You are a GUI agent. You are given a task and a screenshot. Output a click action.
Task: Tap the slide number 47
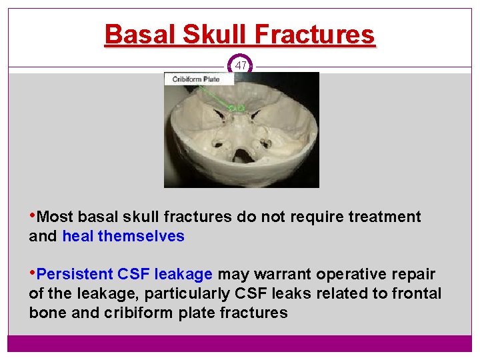(x=241, y=65)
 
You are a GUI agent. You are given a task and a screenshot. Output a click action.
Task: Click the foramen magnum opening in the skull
(x=241, y=155)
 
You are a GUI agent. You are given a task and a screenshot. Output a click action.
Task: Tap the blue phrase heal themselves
(x=123, y=236)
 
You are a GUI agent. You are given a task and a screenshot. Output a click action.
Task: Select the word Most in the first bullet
(x=56, y=217)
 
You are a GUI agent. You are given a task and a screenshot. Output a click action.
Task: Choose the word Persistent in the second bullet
(x=75, y=274)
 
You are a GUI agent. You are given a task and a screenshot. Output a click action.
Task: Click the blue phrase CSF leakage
(x=165, y=274)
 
